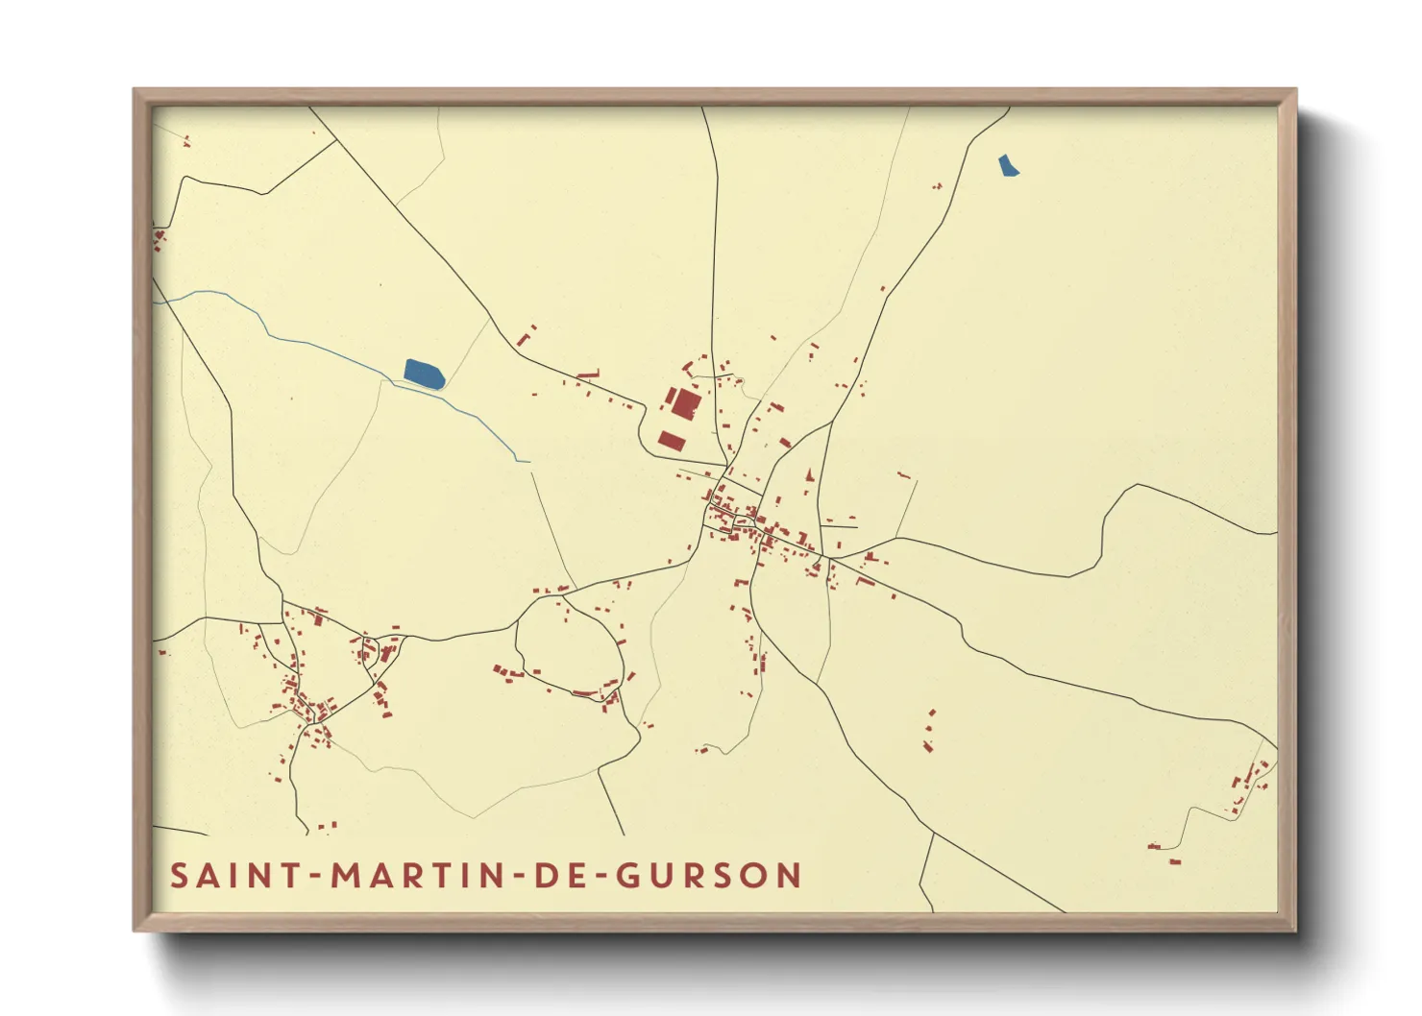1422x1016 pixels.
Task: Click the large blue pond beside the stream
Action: click(x=424, y=374)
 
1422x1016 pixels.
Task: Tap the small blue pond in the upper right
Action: click(x=1007, y=166)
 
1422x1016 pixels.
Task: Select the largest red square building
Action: click(x=685, y=403)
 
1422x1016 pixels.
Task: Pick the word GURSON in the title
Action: click(x=708, y=876)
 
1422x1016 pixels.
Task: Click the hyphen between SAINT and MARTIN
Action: click(x=315, y=877)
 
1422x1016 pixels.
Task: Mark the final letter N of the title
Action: click(x=790, y=876)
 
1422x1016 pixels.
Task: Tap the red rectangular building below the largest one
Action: click(x=672, y=441)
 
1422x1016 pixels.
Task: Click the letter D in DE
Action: click(x=547, y=876)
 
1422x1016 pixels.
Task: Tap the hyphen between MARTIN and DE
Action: click(x=519, y=877)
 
